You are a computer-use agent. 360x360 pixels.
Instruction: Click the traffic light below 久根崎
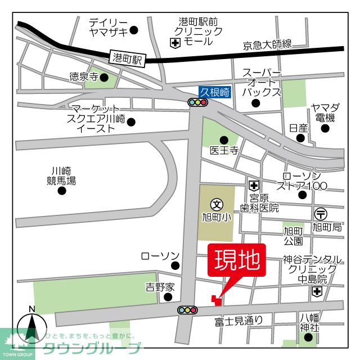[x=198, y=102]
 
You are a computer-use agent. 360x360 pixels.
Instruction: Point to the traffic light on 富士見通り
[x=187, y=309]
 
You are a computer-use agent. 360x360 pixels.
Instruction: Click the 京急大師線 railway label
[x=267, y=44]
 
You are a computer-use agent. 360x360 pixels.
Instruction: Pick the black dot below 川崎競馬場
[x=62, y=190]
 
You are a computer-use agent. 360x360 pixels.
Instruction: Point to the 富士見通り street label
[x=238, y=321]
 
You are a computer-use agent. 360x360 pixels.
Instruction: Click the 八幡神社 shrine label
[x=309, y=322]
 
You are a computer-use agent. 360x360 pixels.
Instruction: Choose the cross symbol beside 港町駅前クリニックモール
[x=175, y=42]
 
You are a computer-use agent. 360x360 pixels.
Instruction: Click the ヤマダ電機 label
[x=325, y=113]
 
